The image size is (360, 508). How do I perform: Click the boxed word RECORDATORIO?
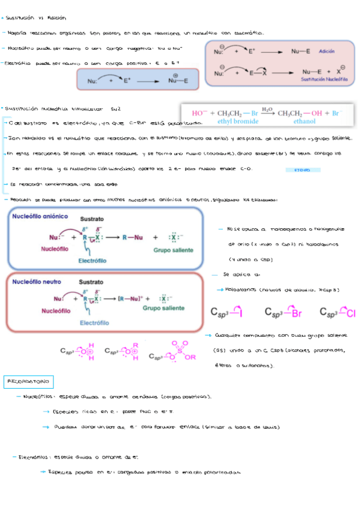click(x=29, y=382)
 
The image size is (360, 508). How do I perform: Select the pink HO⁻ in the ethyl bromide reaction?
click(x=198, y=113)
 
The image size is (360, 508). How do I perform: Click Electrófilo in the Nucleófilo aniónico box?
click(x=92, y=261)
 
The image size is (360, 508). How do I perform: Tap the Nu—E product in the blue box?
click(x=180, y=81)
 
